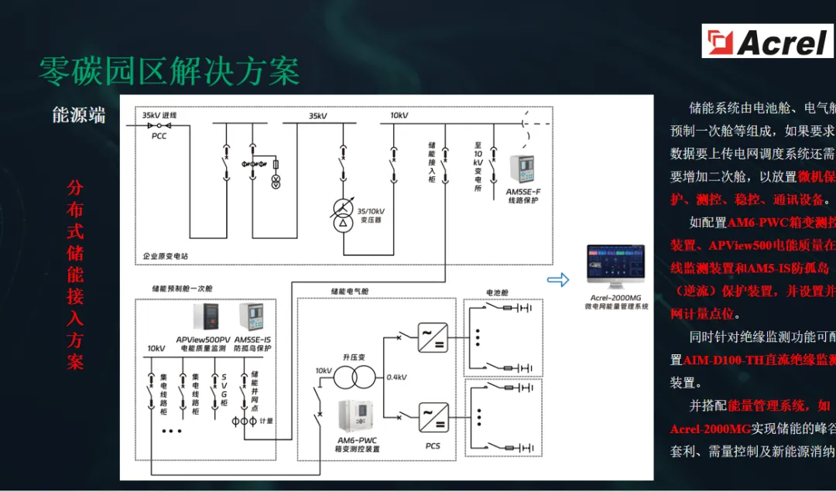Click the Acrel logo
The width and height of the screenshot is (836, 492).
[768, 41]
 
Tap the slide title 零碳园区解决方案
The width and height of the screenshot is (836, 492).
[170, 72]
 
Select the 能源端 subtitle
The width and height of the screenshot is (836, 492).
[79, 116]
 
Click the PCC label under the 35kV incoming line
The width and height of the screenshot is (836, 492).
[159, 136]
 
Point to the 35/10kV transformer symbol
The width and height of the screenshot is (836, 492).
[341, 214]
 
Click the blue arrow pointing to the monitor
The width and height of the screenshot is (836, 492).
[557, 279]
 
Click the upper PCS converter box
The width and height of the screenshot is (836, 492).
[432, 337]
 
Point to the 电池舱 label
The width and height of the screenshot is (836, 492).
[499, 292]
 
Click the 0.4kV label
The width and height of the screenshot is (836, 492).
[396, 378]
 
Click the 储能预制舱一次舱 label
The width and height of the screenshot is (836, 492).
[182, 289]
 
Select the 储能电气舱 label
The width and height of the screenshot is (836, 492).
[350, 291]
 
